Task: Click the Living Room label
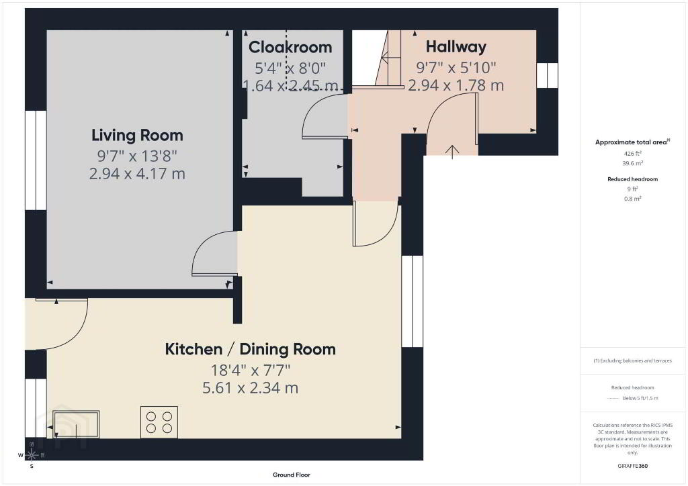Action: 137,136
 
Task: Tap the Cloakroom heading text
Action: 290,48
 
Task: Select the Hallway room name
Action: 456,47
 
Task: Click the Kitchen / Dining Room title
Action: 250,349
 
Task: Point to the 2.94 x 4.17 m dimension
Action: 137,174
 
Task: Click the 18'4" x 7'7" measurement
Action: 251,371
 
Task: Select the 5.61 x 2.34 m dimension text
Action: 250,388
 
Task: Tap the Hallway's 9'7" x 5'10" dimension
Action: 456,68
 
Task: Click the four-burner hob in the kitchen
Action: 159,422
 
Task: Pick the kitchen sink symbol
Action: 76,424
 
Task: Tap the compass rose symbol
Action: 32,455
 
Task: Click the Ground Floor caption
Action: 292,475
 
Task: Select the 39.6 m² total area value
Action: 633,163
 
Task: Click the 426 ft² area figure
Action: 633,153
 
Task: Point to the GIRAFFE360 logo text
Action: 633,466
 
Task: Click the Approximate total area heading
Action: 632,142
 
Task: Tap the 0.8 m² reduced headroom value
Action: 633,199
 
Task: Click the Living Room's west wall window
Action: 36,160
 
